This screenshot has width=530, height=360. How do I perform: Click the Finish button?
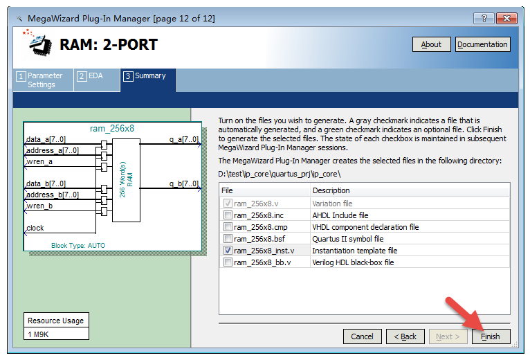tap(491, 336)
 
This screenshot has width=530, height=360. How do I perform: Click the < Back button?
tap(405, 336)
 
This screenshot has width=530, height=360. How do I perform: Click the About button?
tap(431, 44)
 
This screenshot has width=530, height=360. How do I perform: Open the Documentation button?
tap(482, 44)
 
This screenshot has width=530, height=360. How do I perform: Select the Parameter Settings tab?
tap(44, 80)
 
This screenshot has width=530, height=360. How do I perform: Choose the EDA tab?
tap(97, 80)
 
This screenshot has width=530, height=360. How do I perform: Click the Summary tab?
tap(148, 80)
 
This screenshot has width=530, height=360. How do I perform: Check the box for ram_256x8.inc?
tap(228, 215)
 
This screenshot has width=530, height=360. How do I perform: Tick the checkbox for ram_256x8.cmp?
tap(228, 227)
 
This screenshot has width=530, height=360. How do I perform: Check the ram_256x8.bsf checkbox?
tap(228, 239)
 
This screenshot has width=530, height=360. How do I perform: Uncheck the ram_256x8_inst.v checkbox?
tap(228, 251)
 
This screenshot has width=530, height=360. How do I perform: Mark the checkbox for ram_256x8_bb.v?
tap(228, 262)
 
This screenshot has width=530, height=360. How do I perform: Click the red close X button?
tap(506, 18)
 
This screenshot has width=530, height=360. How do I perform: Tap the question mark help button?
tap(484, 18)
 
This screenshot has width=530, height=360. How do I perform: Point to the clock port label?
tap(35, 228)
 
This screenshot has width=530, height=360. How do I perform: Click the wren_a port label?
tap(39, 162)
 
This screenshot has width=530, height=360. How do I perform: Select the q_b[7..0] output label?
tap(184, 183)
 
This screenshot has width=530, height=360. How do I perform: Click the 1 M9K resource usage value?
tap(38, 334)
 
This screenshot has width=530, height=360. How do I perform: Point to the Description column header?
tap(331, 190)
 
